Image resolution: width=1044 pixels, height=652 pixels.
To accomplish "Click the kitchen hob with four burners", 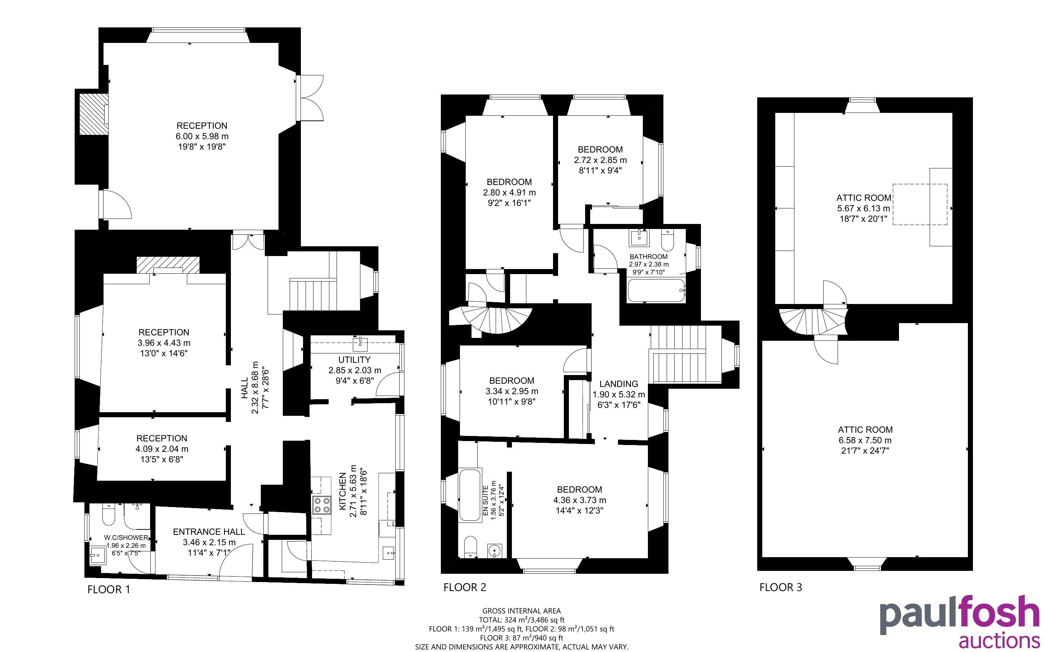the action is (322, 505).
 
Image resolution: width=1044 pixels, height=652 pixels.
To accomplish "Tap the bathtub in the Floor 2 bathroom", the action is (655, 291).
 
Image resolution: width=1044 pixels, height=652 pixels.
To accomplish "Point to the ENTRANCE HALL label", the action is (209, 532).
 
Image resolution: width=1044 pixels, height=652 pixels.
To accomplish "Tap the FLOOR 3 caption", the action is (781, 587).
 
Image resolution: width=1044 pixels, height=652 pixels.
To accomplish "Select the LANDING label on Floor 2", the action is (619, 384).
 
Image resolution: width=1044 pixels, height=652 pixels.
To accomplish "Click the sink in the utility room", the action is (360, 344).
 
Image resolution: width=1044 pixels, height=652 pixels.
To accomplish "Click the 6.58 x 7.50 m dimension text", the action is (865, 440).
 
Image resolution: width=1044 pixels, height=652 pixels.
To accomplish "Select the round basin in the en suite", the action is (494, 550).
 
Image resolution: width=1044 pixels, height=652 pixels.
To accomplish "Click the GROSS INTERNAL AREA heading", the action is (521, 611).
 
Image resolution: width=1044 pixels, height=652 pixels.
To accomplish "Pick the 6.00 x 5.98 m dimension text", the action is (202, 136).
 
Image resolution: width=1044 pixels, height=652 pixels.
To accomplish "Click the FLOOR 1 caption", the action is (108, 590).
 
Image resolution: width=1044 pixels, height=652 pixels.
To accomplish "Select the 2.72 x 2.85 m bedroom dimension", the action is (600, 160).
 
